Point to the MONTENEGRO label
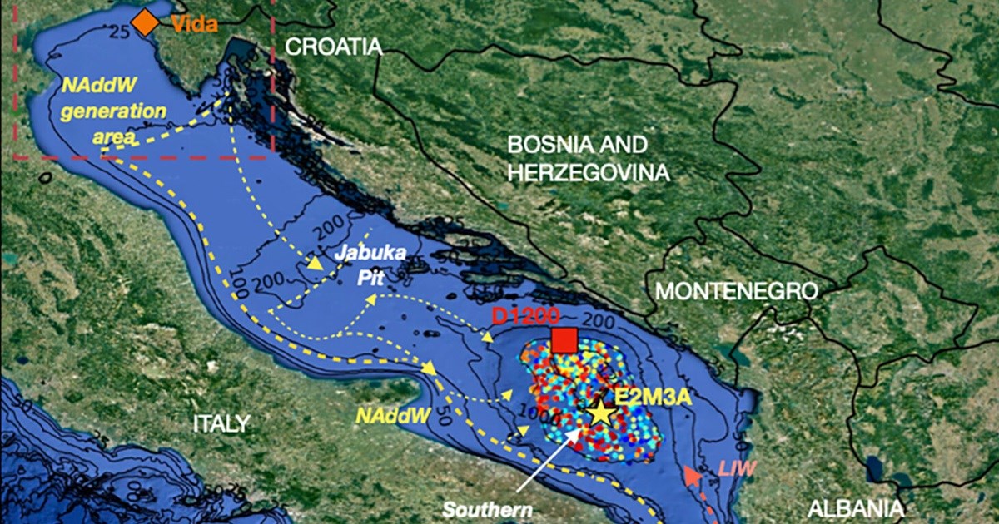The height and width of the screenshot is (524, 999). (x=736, y=291)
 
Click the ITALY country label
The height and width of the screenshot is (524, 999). (x=220, y=423)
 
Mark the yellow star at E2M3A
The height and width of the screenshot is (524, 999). (x=599, y=413)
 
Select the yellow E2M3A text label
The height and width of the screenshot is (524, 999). (x=653, y=397)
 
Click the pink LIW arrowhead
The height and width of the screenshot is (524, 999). (x=691, y=476)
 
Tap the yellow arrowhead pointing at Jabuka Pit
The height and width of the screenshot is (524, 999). (x=316, y=264)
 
